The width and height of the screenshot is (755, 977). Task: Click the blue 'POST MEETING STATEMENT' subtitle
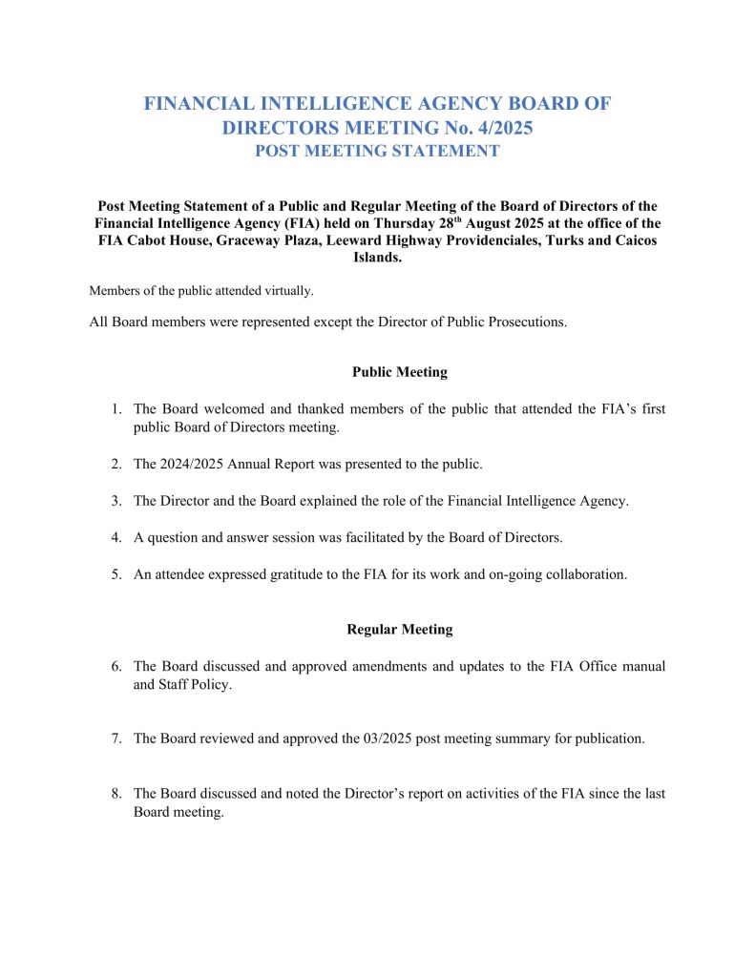377,151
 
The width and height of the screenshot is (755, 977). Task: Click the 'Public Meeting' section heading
399,372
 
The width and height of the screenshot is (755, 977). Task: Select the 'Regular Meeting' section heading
399,630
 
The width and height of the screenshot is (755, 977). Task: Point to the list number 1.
115,409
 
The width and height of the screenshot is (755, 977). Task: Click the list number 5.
115,574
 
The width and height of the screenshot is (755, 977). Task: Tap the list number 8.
115,794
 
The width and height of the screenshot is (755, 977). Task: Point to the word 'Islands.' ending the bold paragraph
378,258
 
